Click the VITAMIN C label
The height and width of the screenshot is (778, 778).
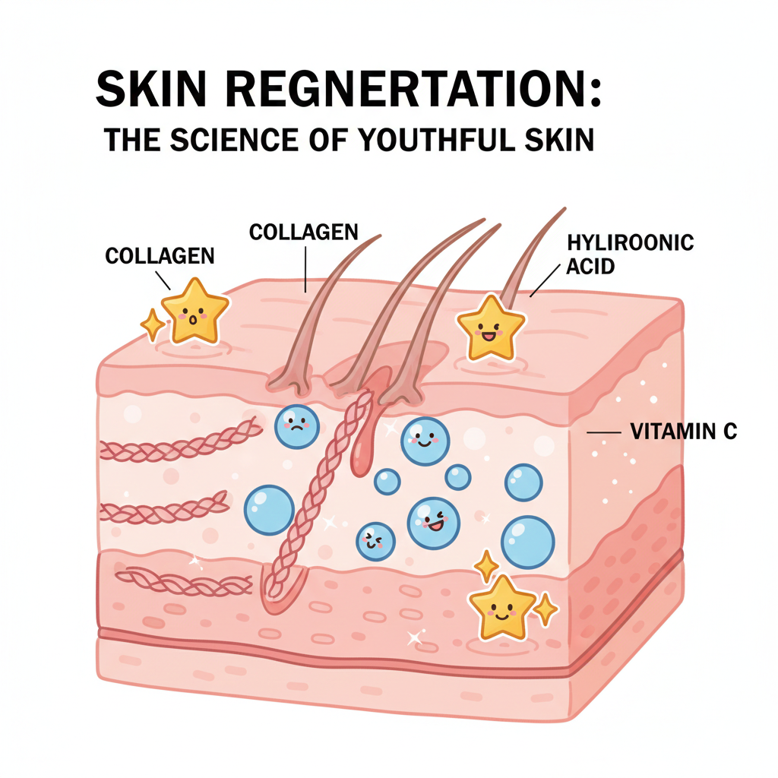coord(684,432)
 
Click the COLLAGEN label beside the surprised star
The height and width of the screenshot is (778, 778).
coord(160,255)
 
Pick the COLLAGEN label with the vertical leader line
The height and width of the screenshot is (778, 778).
coord(304,231)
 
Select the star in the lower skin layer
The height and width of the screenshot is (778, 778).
coord(502,605)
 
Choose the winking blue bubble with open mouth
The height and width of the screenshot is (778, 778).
coord(433,523)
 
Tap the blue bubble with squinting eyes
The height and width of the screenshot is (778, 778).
coord(375,540)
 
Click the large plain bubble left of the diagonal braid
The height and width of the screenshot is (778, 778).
coord(268,509)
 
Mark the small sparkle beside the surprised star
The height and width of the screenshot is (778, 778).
coord(153,324)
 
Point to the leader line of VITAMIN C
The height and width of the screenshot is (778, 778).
coord(605,432)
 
